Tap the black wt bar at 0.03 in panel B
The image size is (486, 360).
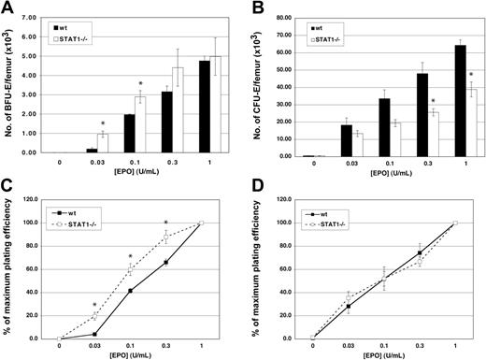[x=320, y=139]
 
